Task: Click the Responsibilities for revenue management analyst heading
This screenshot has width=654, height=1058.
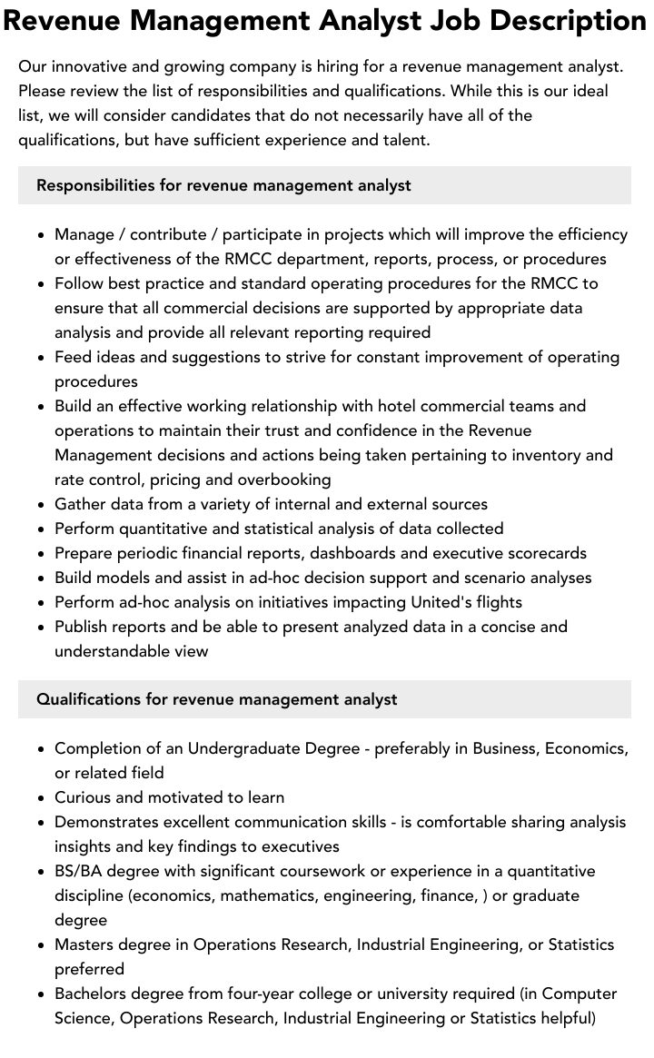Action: pos(223,185)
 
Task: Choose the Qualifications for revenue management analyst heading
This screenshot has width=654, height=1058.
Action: pos(216,699)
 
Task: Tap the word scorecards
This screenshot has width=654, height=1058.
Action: pos(543,553)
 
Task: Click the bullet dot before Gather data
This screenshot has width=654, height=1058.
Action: pos(42,505)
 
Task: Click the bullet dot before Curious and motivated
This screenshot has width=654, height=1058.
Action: pos(42,798)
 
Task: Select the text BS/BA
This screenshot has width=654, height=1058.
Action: pos(77,871)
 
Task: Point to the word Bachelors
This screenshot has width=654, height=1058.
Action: pos(93,994)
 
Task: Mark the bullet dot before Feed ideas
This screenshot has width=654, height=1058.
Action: pos(42,358)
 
